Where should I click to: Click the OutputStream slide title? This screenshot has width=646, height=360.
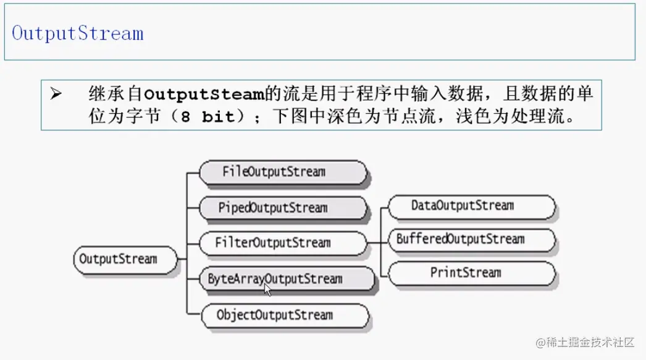tap(78, 33)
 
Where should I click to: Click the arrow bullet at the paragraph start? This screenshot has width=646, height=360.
tap(56, 94)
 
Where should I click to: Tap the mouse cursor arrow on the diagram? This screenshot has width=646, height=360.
tap(267, 289)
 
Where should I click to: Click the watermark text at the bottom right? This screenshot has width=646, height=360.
tap(585, 341)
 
